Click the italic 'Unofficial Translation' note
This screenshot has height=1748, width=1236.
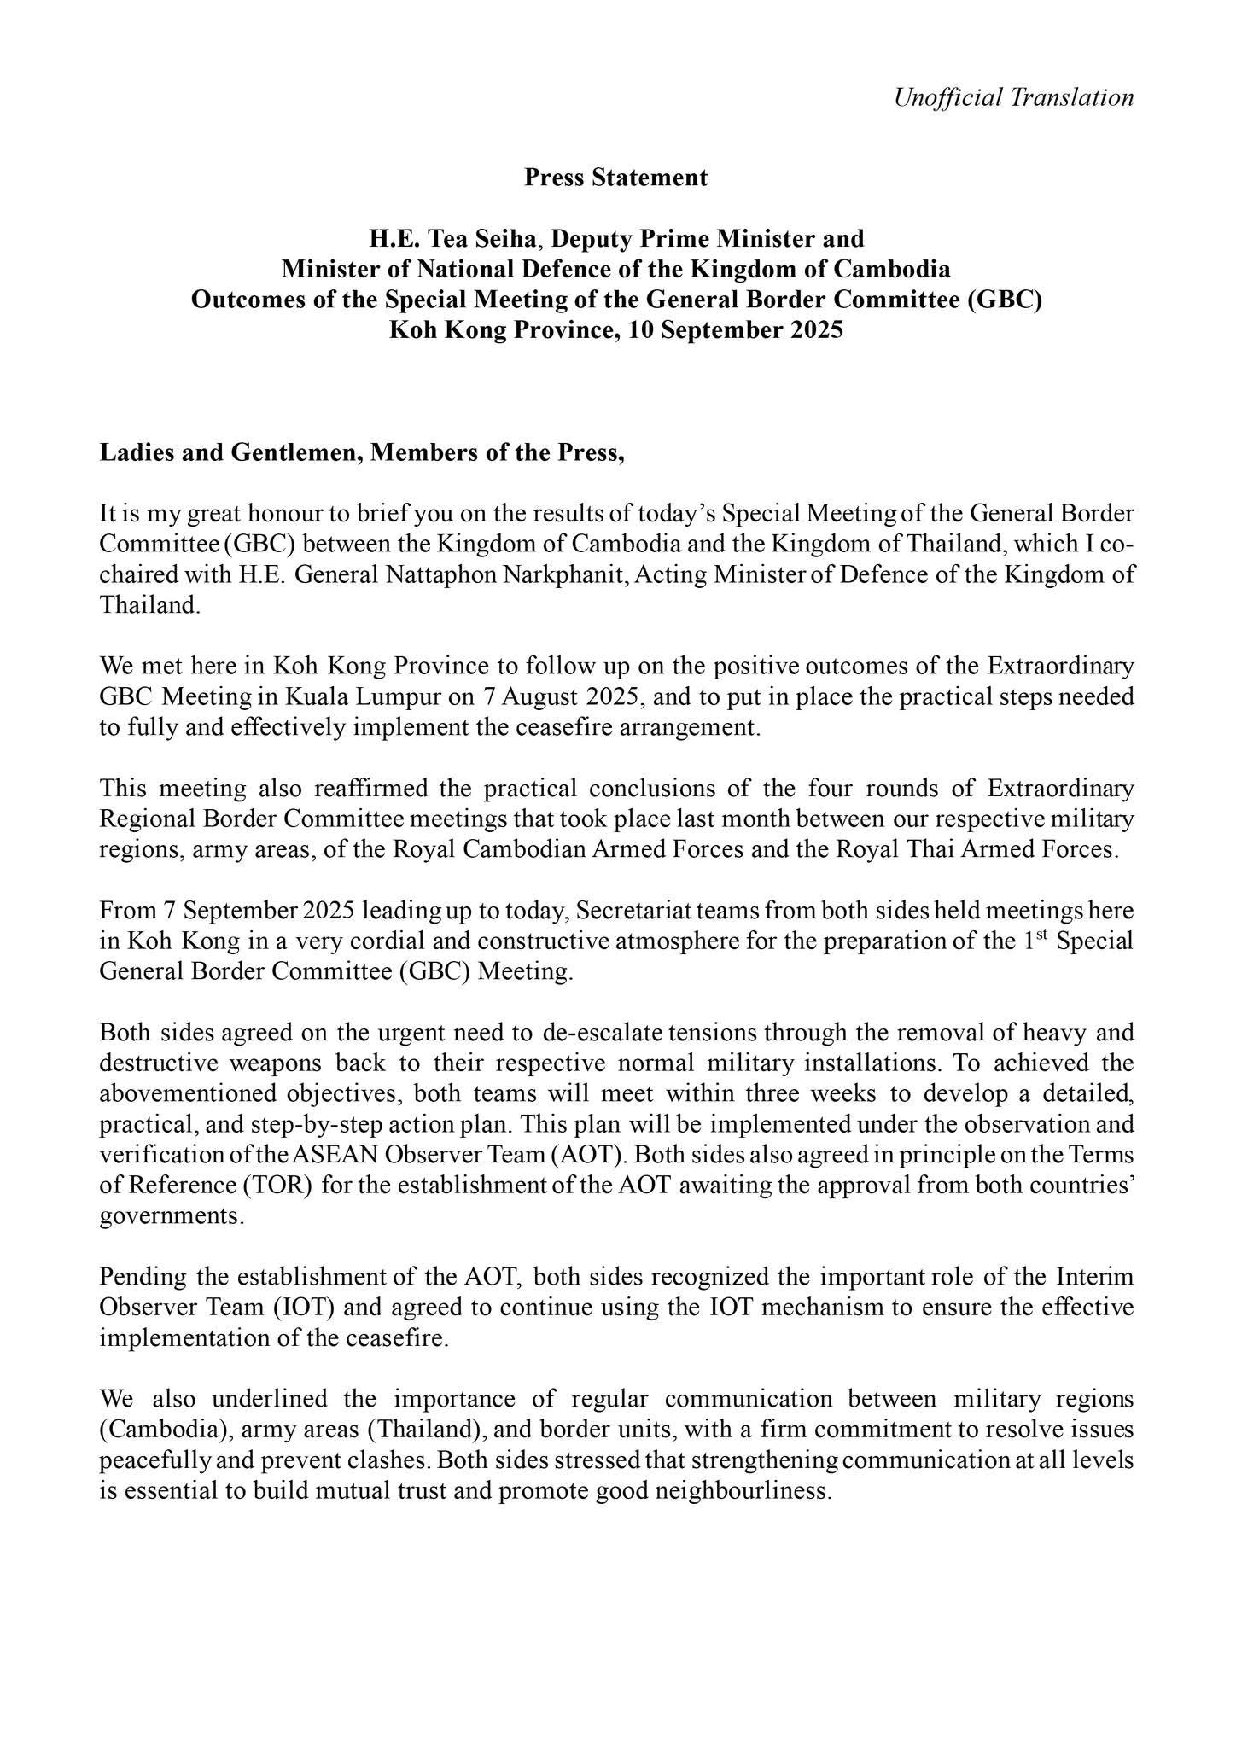pyautogui.click(x=1013, y=97)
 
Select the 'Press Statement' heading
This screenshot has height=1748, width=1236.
pyautogui.click(x=615, y=178)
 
